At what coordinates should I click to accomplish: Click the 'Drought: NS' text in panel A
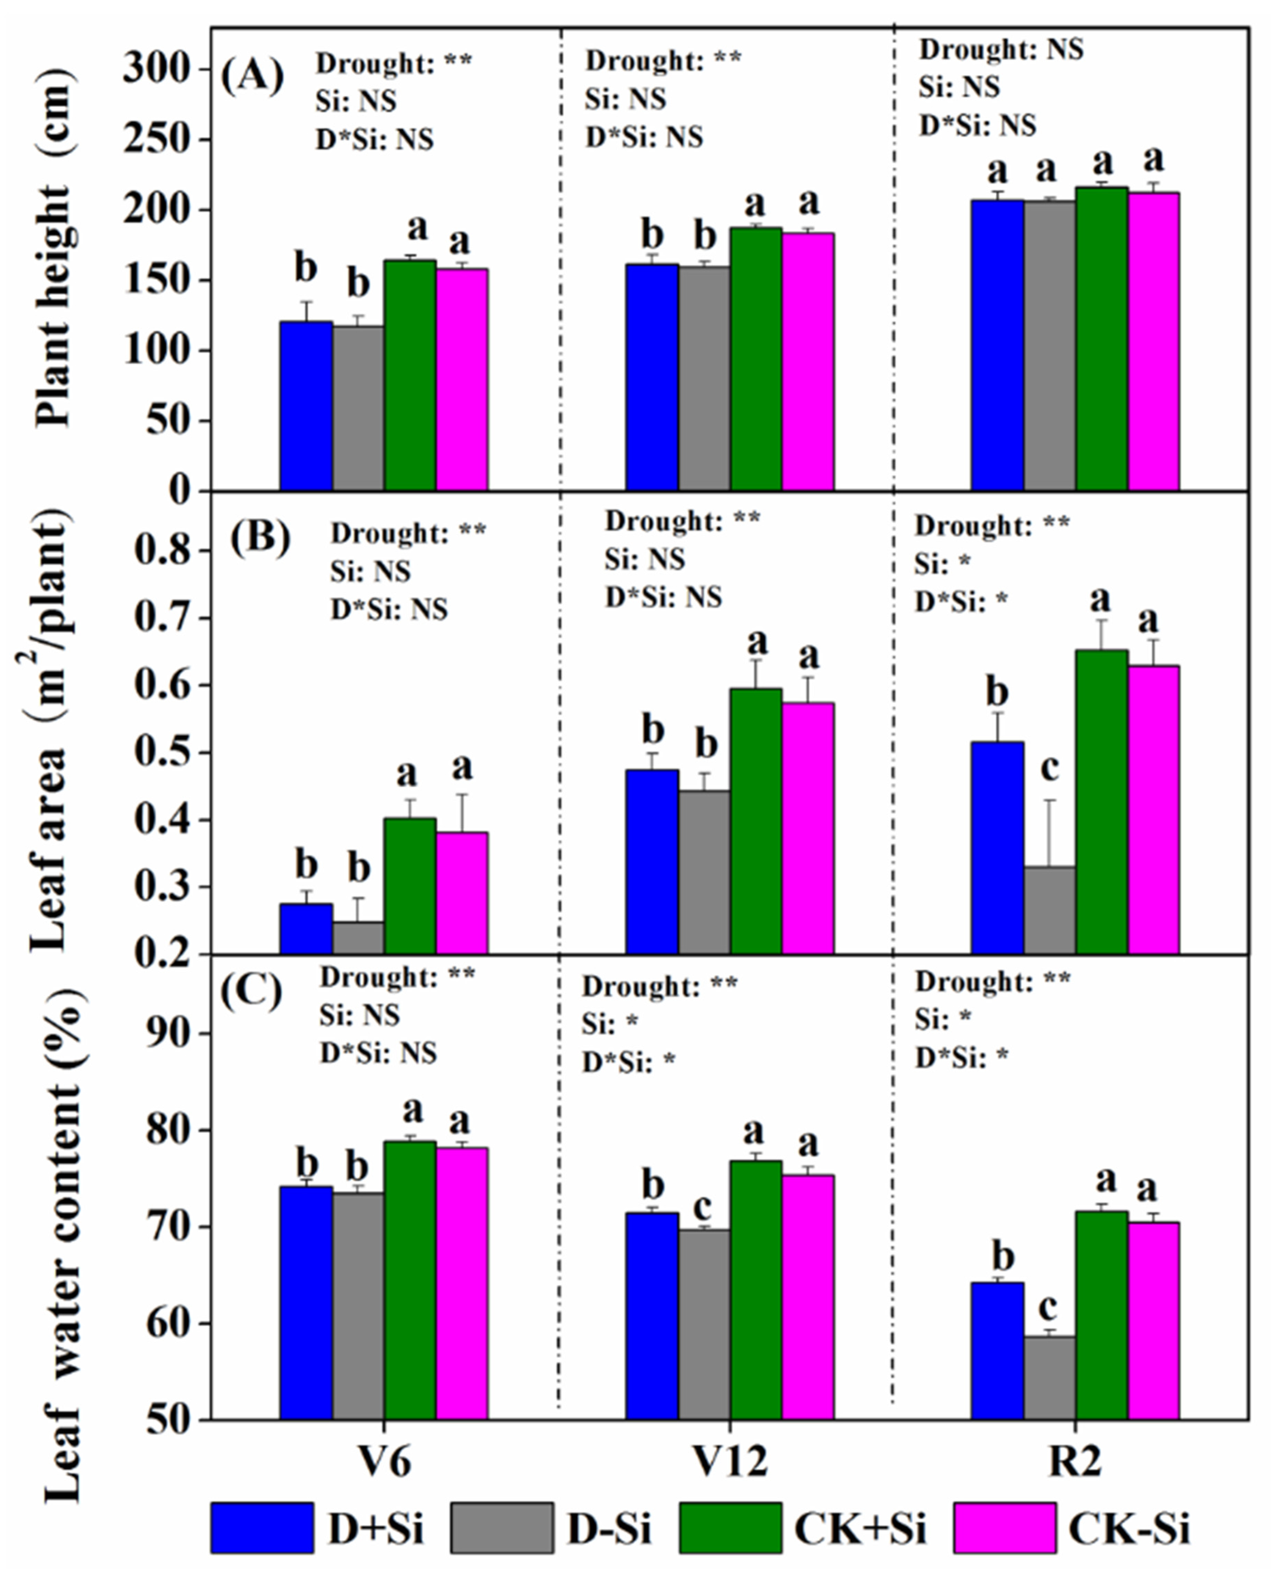(1001, 50)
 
